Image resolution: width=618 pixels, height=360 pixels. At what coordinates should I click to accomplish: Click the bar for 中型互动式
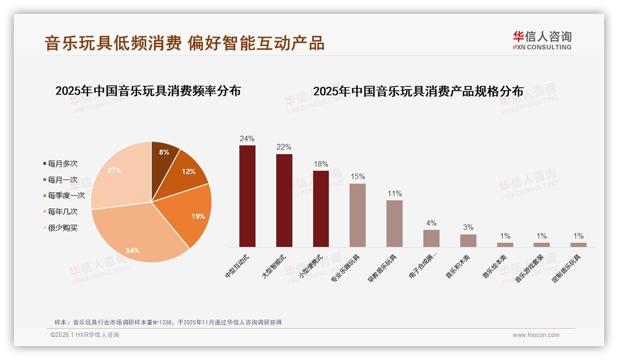247,196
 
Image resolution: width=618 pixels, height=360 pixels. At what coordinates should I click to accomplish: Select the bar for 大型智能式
284,201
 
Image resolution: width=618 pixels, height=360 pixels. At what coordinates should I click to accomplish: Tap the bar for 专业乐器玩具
357,215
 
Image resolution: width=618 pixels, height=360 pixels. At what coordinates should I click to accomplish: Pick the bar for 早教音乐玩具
394,223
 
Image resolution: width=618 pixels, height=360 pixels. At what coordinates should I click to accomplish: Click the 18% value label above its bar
321,164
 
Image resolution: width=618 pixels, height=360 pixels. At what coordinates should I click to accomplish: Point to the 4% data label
431,223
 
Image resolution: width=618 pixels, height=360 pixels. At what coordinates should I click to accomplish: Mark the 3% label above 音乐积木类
468,227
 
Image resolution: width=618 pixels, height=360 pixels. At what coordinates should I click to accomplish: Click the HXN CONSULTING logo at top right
542,40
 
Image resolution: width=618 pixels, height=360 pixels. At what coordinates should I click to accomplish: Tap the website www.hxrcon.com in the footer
536,335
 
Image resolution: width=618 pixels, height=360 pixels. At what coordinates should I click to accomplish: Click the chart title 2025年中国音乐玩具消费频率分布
148,91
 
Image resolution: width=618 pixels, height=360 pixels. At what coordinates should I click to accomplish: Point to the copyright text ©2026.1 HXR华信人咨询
85,335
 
